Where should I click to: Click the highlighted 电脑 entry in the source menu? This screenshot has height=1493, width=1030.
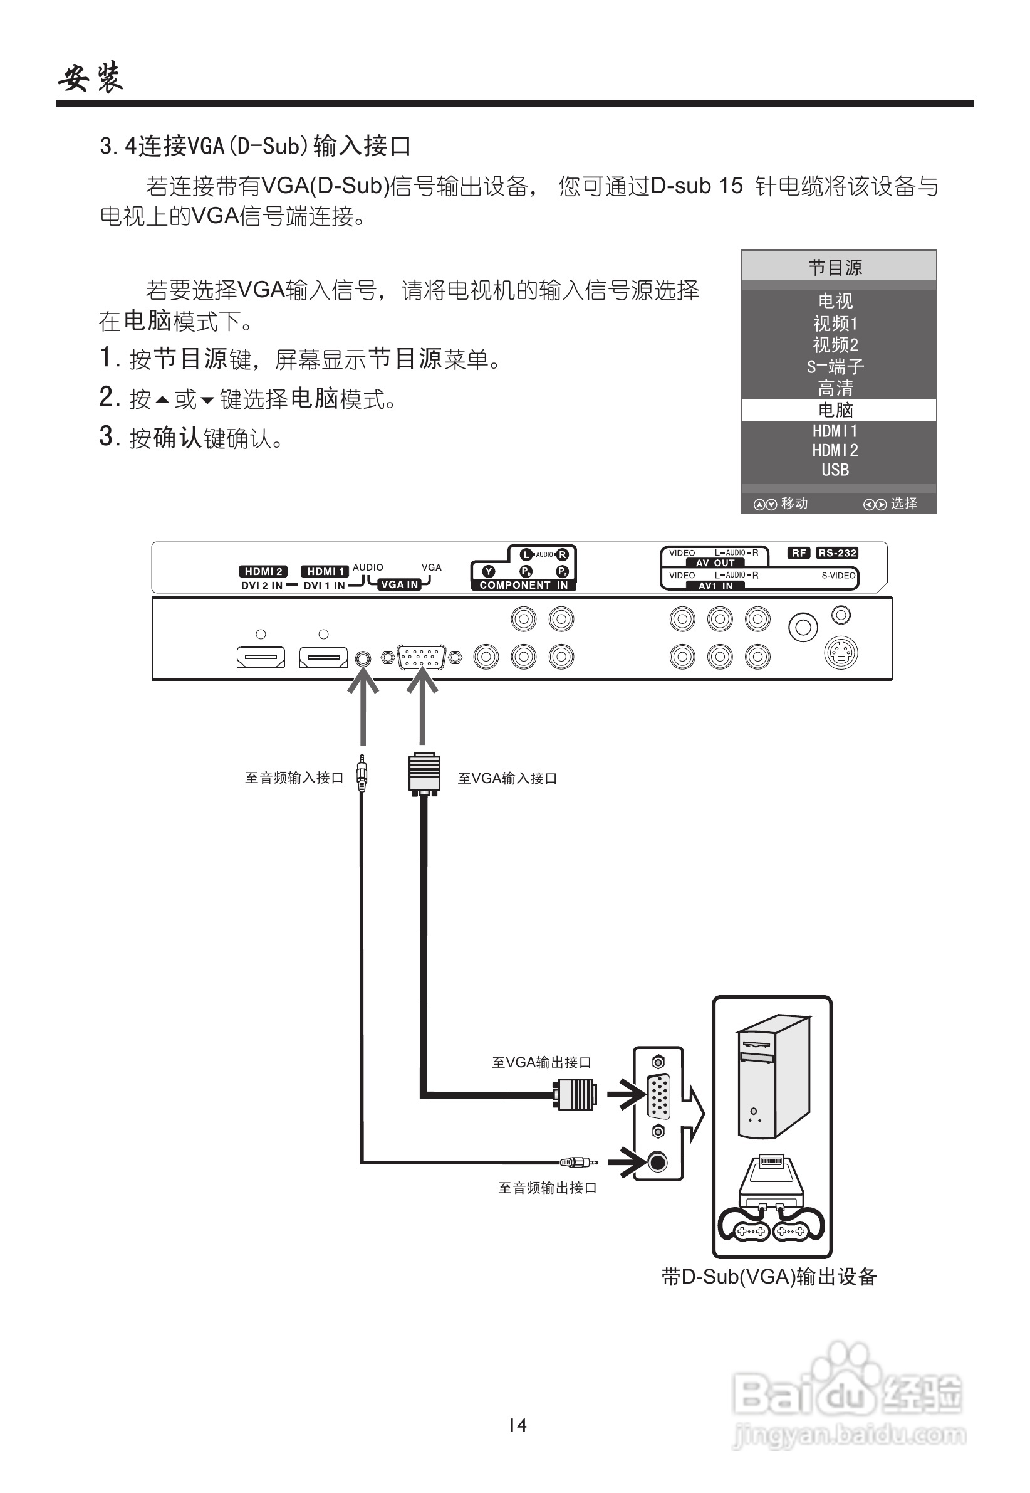835,410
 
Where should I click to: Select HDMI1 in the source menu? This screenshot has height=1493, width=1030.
835,431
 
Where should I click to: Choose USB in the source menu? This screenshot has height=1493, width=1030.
835,470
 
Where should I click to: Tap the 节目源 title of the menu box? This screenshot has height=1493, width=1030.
835,267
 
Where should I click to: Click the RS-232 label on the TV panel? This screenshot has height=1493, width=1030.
836,553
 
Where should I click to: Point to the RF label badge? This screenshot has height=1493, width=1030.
799,553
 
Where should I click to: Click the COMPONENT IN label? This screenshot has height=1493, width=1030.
523,585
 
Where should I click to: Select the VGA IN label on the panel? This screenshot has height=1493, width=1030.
400,584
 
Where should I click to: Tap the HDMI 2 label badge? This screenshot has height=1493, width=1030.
263,571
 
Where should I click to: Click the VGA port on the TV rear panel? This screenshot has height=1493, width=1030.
422,657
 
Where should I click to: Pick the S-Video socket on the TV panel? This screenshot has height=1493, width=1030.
841,654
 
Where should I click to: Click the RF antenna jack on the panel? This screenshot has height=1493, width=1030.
803,627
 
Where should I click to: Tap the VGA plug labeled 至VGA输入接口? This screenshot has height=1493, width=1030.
424,774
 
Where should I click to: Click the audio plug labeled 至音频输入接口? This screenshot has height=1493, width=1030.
362,774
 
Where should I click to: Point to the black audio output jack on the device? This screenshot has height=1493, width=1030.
657,1162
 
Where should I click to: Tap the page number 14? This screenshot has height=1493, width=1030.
518,1425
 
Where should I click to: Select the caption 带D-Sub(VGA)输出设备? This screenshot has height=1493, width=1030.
769,1277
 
